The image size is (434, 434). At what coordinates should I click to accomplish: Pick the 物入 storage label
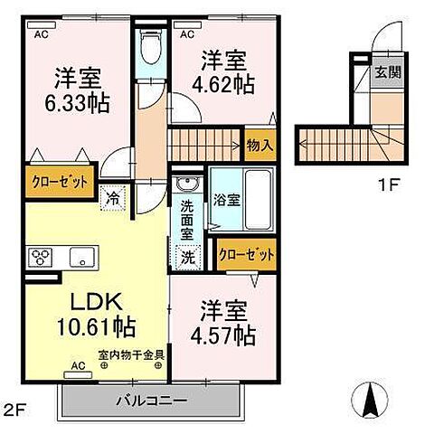click(259, 144)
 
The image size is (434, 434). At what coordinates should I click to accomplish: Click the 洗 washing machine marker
click(187, 256)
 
